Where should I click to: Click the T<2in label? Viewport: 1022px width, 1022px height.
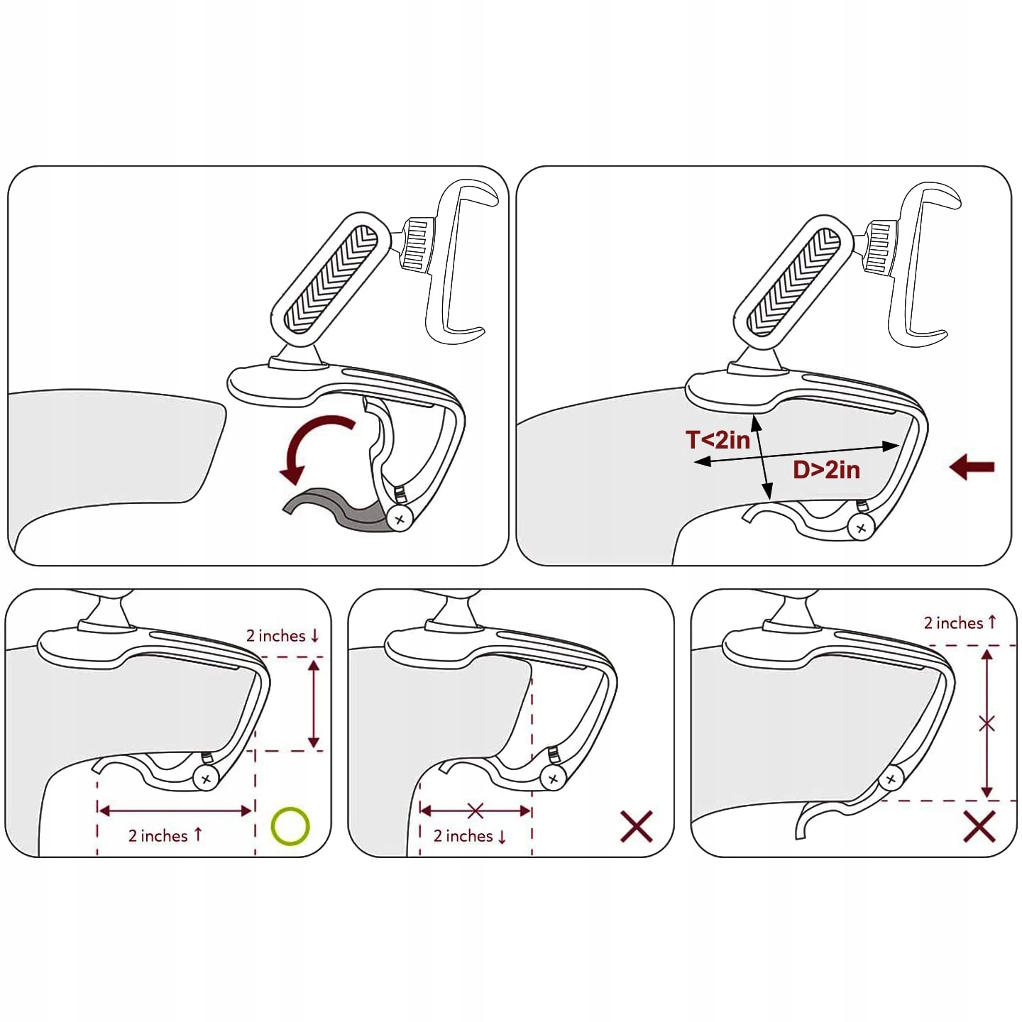(x=718, y=439)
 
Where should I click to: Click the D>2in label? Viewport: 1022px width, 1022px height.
(x=826, y=470)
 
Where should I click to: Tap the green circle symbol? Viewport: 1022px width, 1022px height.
(x=290, y=826)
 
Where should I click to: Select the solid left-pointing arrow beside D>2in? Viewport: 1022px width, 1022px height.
(x=972, y=467)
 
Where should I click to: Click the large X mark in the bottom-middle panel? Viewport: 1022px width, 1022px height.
(x=637, y=826)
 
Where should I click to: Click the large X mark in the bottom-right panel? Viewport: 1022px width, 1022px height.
(x=979, y=826)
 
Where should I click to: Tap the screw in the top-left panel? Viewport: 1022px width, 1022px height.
(x=400, y=520)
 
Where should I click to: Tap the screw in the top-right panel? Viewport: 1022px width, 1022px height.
(x=861, y=528)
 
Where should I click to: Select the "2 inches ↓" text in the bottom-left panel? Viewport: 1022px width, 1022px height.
(x=282, y=635)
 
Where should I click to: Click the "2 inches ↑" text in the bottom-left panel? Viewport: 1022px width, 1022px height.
(x=165, y=836)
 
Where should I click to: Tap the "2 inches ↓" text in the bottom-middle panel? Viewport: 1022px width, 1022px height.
(x=470, y=836)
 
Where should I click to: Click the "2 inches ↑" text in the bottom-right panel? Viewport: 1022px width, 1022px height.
(x=960, y=622)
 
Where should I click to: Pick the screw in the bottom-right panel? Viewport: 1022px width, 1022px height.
(x=891, y=779)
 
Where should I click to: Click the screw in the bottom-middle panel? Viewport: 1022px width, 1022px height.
(x=553, y=779)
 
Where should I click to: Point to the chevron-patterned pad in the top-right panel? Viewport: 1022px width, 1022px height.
(x=793, y=282)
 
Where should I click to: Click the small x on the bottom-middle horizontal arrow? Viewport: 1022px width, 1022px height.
(x=476, y=811)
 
